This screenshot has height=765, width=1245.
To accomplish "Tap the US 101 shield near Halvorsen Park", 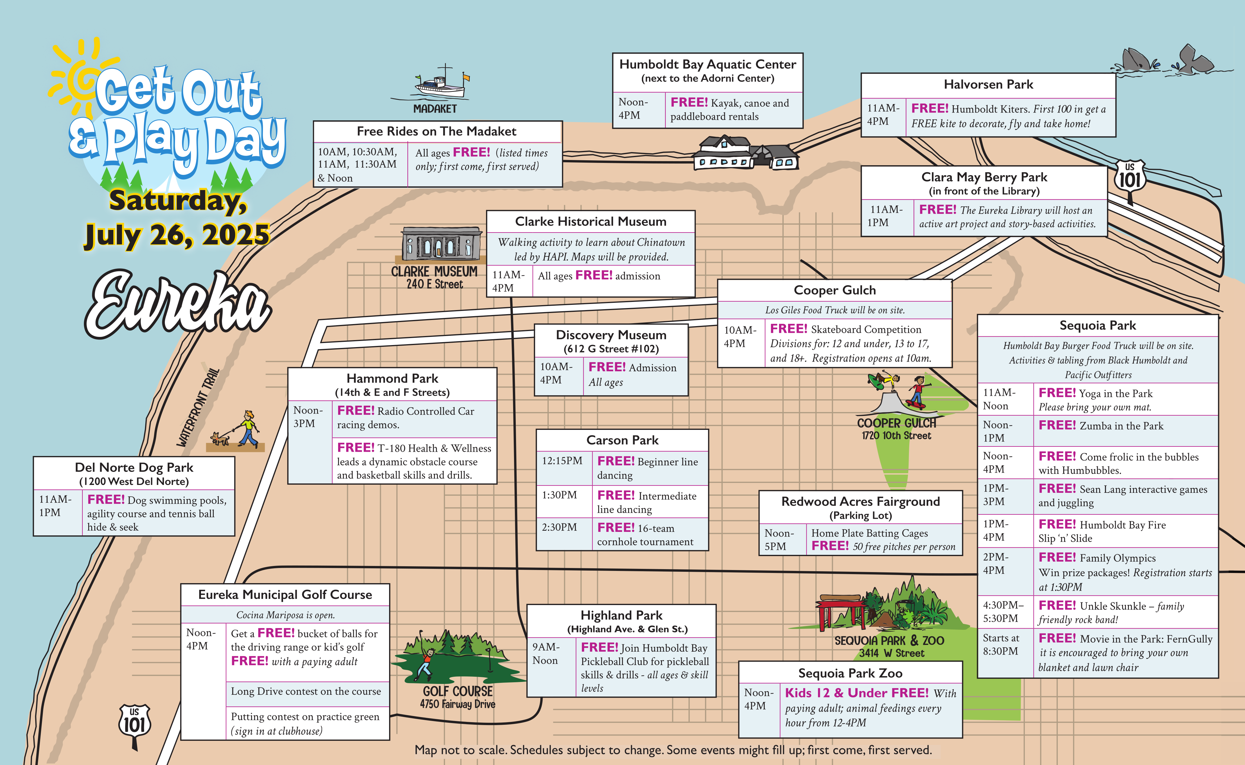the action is click(1129, 177).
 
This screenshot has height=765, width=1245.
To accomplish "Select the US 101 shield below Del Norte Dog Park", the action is click(135, 724).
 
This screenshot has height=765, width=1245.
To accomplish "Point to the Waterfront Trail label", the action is click(198, 407).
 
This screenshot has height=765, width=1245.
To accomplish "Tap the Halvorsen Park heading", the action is click(988, 85).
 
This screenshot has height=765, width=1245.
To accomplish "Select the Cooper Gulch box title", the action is click(835, 290).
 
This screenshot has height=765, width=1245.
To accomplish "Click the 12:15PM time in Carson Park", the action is click(562, 461).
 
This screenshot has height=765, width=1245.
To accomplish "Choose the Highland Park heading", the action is click(621, 615).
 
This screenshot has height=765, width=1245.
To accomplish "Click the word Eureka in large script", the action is click(178, 304).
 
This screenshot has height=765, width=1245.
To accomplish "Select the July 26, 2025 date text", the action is click(177, 235).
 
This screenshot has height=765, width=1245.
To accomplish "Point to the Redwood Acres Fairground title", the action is click(860, 501).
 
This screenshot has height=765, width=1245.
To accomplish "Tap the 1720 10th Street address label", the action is click(896, 435).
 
